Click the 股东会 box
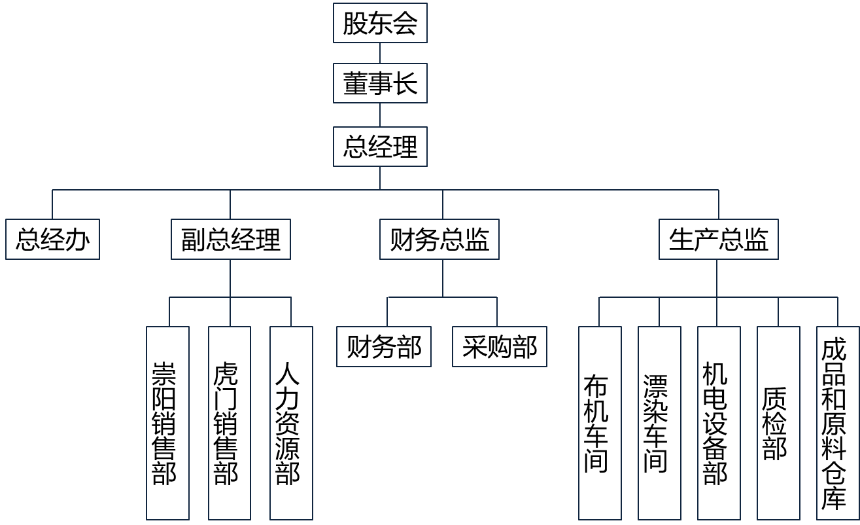coord(380,24)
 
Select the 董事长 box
coord(380,83)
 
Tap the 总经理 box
coord(380,147)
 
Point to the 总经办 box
coord(52,240)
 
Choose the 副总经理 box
coord(230,240)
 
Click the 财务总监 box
coord(439,240)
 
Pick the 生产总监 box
coord(718,240)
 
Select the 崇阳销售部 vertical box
coord(167,423)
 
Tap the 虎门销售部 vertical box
coord(230,423)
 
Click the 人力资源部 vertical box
coord(291,423)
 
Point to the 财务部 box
coord(384,346)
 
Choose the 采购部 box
coord(499,346)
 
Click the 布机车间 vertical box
coord(600,423)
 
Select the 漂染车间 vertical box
coord(659,423)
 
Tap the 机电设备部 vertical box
coord(719,423)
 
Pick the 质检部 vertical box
coord(778,423)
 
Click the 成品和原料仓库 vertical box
coord(837,423)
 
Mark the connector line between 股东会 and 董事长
coord(380,54)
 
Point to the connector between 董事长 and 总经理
coord(380,115)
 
